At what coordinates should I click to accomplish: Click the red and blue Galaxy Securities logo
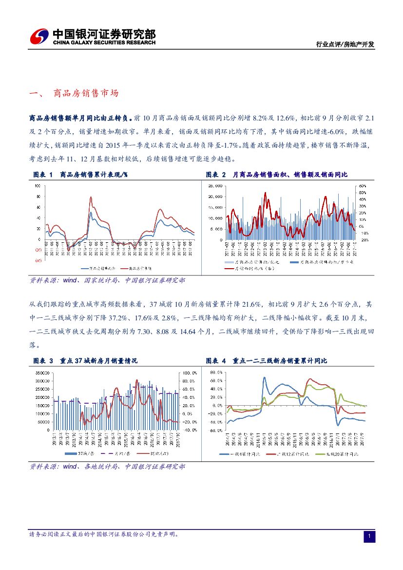tap(38, 36)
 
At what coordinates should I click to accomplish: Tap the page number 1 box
tap(369, 536)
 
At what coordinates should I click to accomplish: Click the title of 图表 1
tap(83, 175)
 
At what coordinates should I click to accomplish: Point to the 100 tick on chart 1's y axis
tap(38, 186)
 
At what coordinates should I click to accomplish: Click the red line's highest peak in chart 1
tap(91, 197)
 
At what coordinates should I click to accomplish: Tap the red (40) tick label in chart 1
tap(38, 260)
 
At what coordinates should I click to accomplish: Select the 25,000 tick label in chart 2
tap(215, 186)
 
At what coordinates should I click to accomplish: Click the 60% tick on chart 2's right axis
tap(363, 186)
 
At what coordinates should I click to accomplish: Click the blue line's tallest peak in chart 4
tap(264, 377)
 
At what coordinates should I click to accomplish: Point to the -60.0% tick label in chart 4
tap(215, 431)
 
